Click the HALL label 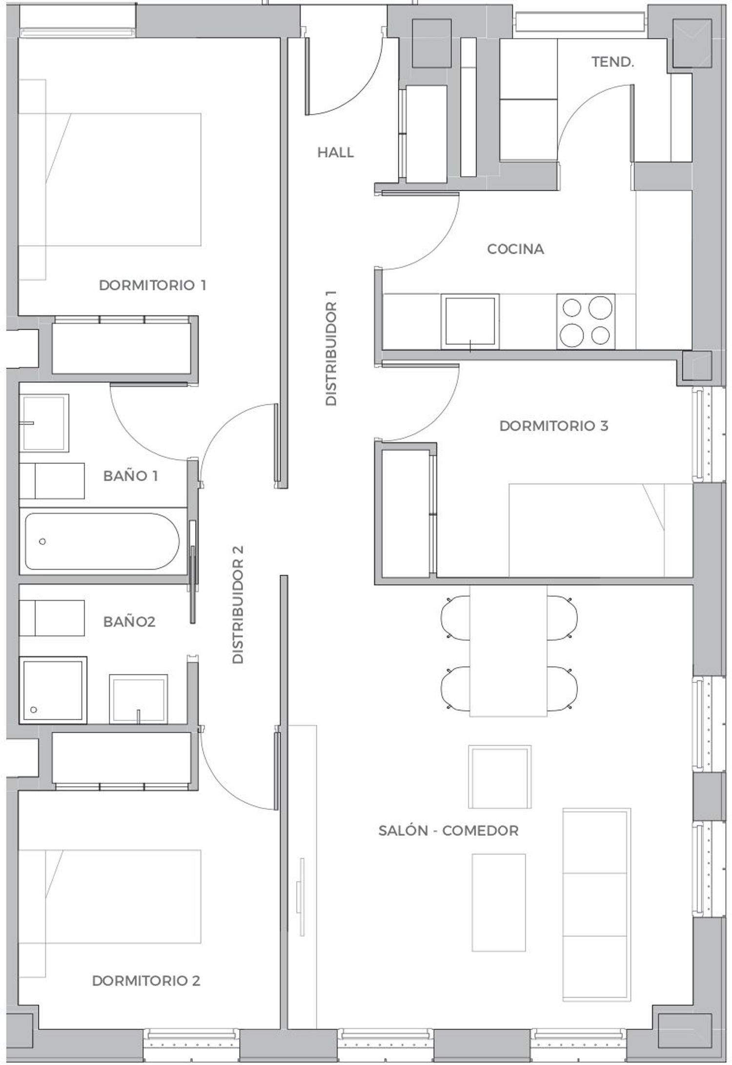pos(335,153)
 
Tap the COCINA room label pos(515,249)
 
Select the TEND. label pos(613,62)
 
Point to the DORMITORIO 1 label pos(152,285)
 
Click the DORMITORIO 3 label pos(554,426)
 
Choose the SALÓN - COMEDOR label pos(448,830)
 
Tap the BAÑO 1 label pos(130,476)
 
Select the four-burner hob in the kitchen pos(586,322)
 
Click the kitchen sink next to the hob pos(470,322)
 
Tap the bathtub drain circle pos(42,542)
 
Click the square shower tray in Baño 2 pos(53,690)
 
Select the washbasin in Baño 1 pos(44,423)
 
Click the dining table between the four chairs pos(508,651)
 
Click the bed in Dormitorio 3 pos(601,530)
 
